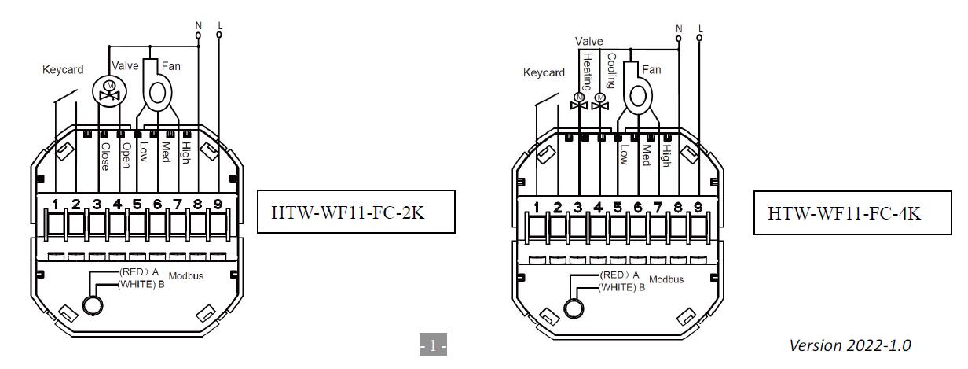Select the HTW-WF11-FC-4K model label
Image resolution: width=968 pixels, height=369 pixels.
tap(843, 213)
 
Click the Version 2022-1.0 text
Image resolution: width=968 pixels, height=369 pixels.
tap(851, 345)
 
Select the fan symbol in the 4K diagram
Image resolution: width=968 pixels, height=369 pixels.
tap(638, 97)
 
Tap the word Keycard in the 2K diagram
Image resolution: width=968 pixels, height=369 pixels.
tap(63, 70)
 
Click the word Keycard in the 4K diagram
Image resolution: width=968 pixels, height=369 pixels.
tap(544, 73)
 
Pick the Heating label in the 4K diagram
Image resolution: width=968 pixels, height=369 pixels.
tap(586, 71)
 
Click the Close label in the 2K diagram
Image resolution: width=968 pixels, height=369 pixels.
tap(104, 155)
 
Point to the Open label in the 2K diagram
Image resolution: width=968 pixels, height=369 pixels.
tap(126, 153)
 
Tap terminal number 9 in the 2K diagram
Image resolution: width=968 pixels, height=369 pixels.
tap(218, 205)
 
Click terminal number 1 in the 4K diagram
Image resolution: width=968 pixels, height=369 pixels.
tap(537, 208)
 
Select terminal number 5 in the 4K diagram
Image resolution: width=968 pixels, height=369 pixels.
tap(618, 208)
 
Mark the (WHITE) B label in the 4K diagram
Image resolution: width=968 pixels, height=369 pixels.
tap(621, 288)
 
